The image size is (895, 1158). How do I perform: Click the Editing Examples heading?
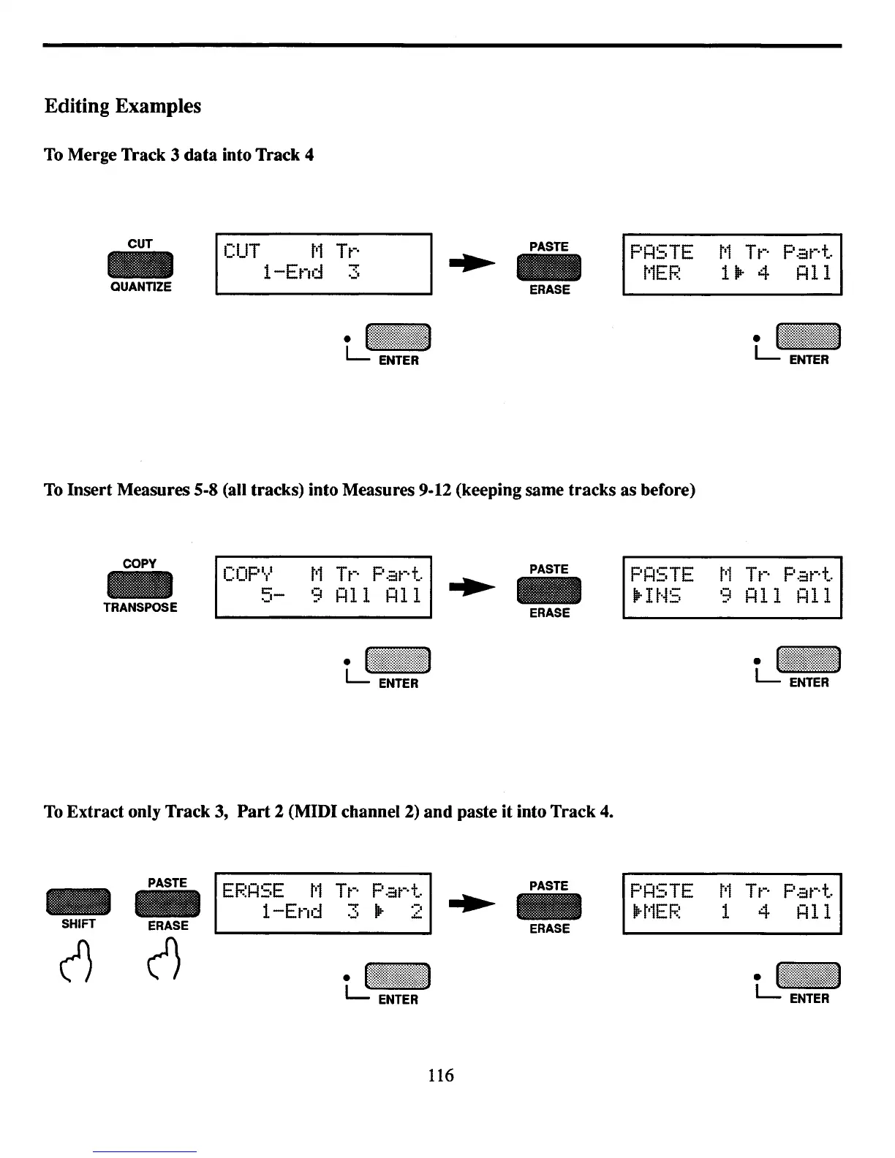click(122, 106)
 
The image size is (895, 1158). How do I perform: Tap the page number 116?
click(441, 1075)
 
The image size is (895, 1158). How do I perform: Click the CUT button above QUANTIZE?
click(140, 265)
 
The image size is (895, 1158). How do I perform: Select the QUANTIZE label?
click(140, 287)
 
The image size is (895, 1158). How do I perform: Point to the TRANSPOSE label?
click(140, 608)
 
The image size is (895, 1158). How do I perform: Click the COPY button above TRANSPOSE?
click(140, 586)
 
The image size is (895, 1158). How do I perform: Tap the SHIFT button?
click(78, 901)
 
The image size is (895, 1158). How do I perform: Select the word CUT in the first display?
click(241, 251)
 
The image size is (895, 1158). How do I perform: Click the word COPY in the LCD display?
click(247, 575)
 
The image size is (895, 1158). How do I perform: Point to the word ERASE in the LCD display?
click(253, 891)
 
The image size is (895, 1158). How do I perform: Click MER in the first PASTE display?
click(662, 273)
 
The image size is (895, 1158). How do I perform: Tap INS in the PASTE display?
click(662, 597)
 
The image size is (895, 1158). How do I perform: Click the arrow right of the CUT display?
click(472, 265)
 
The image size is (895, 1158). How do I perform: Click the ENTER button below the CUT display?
click(398, 337)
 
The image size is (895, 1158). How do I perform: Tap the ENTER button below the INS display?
click(809, 660)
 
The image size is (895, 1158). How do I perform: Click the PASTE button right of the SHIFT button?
click(167, 905)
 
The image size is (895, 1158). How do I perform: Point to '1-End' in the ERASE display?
click(292, 912)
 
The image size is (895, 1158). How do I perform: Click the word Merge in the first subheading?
click(93, 155)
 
